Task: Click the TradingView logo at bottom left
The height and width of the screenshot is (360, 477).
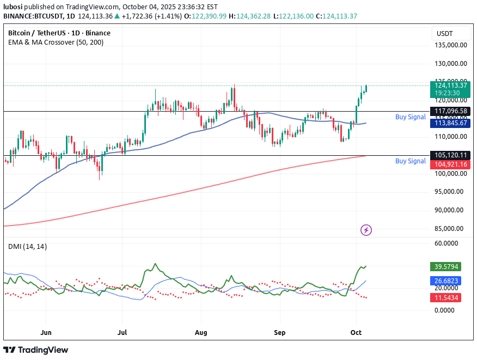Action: coord(36,350)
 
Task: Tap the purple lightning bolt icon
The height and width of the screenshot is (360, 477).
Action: coord(366,230)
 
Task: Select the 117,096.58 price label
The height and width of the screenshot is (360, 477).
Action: coord(450,111)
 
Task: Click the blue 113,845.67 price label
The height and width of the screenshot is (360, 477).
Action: coord(450,123)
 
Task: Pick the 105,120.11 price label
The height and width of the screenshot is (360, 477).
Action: coord(450,155)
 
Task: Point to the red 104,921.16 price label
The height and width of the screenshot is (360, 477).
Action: coord(450,164)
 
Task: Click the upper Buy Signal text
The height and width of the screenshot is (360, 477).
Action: coord(410,117)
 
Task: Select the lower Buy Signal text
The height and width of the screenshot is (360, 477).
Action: coord(410,161)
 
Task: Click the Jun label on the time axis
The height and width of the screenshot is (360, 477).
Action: coord(46,332)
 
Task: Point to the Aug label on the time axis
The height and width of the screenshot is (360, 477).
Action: coord(201,332)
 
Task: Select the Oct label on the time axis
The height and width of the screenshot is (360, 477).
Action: coord(356,332)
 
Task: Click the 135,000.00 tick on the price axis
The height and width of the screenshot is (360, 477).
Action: coord(450,45)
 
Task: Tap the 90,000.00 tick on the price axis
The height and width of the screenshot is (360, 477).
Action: coord(450,210)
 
